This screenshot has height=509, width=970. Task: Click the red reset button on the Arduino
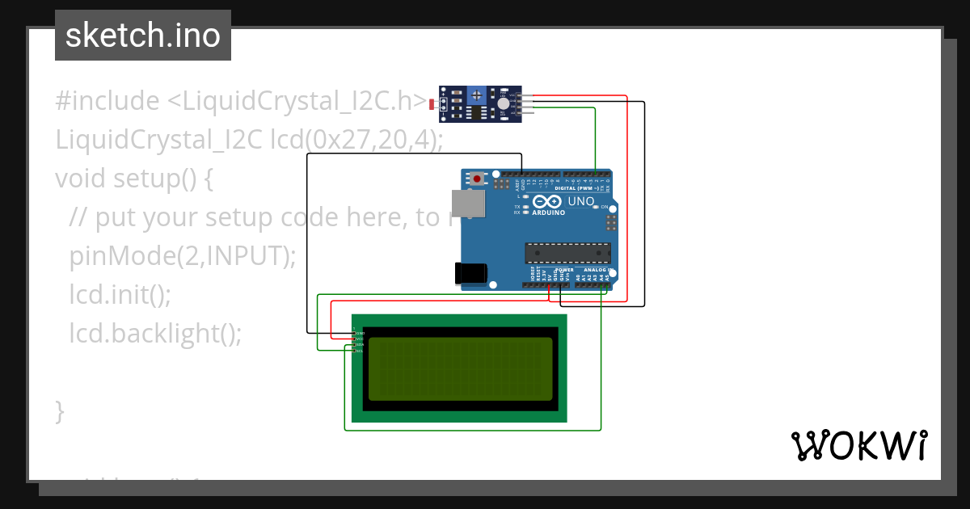(478, 178)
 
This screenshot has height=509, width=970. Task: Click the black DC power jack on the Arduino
(470, 273)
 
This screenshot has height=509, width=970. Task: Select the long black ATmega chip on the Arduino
(566, 252)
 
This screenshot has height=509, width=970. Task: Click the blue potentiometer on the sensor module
(478, 95)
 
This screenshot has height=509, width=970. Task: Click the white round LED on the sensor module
(504, 103)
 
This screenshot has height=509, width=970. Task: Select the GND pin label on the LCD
(359, 333)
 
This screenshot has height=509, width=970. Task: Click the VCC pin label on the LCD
(359, 339)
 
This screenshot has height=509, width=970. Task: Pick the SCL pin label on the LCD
(359, 351)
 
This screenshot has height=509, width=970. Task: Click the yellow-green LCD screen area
(460, 369)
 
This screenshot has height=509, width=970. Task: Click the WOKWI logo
(858, 445)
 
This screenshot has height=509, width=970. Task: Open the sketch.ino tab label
(143, 36)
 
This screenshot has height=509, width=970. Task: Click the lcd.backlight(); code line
(155, 333)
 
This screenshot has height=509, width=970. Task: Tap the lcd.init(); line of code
(120, 294)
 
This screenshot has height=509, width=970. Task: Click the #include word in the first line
(108, 101)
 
